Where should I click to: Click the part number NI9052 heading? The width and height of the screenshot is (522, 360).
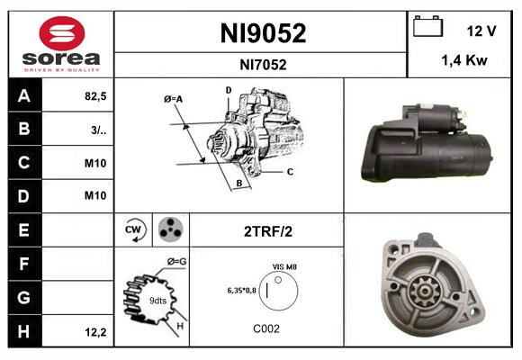click(263, 33)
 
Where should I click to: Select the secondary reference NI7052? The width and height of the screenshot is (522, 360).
click(263, 64)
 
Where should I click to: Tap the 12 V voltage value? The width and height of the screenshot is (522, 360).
click(482, 31)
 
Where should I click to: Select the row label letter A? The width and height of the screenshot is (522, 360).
click(23, 96)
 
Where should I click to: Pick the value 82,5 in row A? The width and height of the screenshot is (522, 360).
click(94, 96)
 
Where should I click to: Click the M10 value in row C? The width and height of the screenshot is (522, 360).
click(94, 163)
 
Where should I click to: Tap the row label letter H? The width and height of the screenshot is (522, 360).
click(23, 331)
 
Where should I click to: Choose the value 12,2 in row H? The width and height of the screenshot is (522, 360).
click(94, 332)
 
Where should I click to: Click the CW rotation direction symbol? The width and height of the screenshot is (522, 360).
click(134, 230)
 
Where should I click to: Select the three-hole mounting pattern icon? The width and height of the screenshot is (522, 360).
click(168, 230)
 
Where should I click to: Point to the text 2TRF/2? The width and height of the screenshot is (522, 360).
click(267, 231)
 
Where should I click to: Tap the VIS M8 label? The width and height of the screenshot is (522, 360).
click(284, 267)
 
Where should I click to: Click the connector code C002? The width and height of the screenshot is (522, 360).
click(267, 329)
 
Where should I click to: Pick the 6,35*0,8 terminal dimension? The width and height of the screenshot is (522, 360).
click(241, 291)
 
